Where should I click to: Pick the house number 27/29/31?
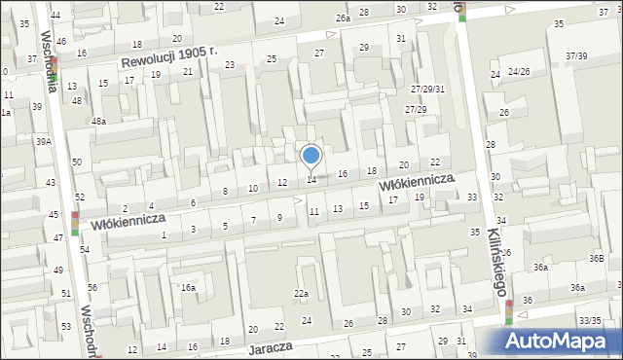click(426, 89)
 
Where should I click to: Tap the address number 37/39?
click(575, 56)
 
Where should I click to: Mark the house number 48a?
click(98, 122)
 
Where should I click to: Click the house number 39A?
click(44, 141)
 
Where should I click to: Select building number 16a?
click(188, 288)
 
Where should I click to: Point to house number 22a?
click(302, 294)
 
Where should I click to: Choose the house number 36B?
click(596, 258)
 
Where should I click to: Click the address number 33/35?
click(589, 320)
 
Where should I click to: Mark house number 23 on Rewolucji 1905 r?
click(230, 65)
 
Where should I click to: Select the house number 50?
click(76, 162)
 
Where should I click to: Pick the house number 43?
click(51, 183)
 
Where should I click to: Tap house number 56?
click(92, 288)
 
